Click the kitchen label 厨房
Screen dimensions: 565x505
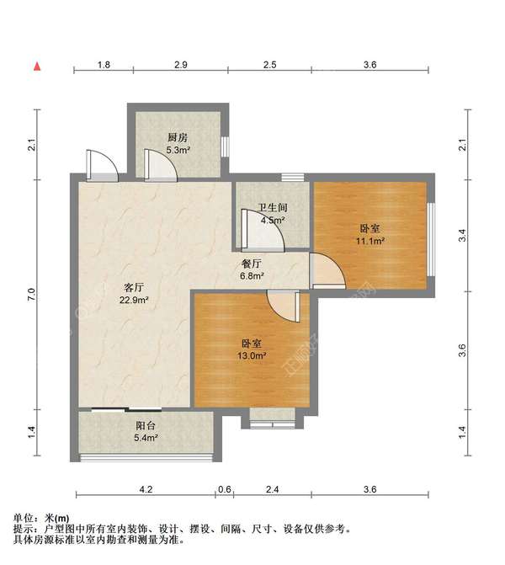177,137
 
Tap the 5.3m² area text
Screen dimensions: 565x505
177,150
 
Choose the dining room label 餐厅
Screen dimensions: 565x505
252,262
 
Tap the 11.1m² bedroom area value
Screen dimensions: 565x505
369,241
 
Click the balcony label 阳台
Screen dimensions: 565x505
145,425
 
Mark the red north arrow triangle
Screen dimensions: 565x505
38,65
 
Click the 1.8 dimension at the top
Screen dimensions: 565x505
103,65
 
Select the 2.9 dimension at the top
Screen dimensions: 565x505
180,65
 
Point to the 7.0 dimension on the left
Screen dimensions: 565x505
31,294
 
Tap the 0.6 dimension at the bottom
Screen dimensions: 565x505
225,489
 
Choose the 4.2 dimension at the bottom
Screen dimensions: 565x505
146,489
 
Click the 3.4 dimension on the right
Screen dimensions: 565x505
461,236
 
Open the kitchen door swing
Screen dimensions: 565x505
159,164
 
